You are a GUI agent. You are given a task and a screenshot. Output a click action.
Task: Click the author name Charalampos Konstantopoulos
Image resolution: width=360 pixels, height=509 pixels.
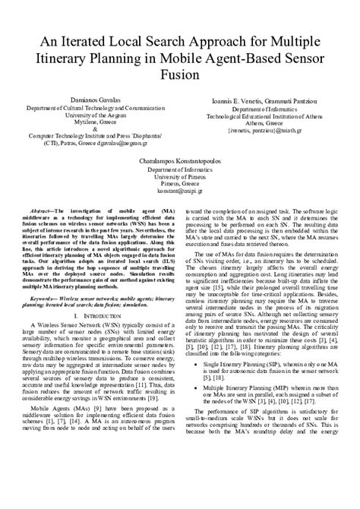tap(180, 163)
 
